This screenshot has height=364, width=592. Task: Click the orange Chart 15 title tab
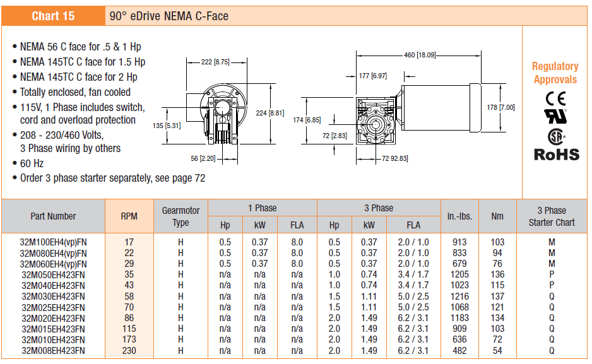pyautogui.click(x=53, y=16)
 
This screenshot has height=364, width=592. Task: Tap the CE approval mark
pyautogui.click(x=555, y=98)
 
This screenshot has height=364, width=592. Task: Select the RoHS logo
pyautogui.click(x=556, y=154)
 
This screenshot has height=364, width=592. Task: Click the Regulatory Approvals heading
pyautogui.click(x=555, y=73)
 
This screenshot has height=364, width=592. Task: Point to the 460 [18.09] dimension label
pyautogui.click(x=419, y=55)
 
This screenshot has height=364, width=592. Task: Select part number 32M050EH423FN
pyautogui.click(x=53, y=274)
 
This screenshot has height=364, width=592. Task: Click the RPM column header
pyautogui.click(x=129, y=216)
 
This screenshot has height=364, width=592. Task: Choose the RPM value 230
pyautogui.click(x=129, y=350)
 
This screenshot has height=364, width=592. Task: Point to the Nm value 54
pyautogui.click(x=497, y=350)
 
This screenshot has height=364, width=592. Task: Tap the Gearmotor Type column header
pyautogui.click(x=181, y=216)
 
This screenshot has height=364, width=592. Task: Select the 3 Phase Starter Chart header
pyautogui.click(x=552, y=216)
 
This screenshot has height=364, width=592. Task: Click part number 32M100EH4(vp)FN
pyautogui.click(x=53, y=242)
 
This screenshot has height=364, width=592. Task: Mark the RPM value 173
pyautogui.click(x=129, y=339)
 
